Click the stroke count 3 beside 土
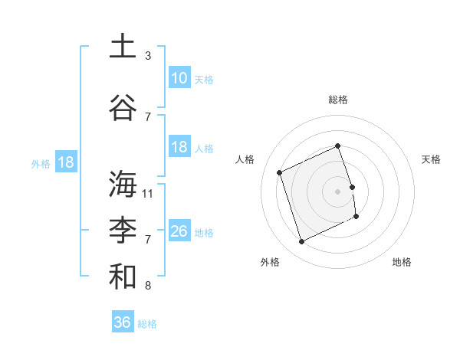tap(148, 56)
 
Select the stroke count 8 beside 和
tap(148, 286)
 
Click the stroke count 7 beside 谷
tap(148, 117)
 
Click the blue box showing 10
tap(179, 78)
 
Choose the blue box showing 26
tap(179, 231)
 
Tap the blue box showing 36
tap(122, 322)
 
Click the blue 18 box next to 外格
tap(65, 162)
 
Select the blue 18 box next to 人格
tap(179, 147)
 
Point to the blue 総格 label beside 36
tap(147, 324)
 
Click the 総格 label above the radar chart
tap(337, 100)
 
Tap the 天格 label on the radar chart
tap(431, 159)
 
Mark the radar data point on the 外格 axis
tap(301, 242)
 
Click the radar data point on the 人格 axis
tap(280, 172)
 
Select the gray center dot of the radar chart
tap(337, 191)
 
